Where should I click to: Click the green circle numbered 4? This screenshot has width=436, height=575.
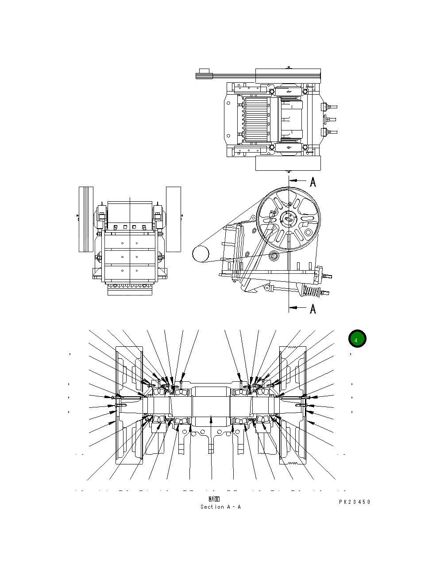(357, 339)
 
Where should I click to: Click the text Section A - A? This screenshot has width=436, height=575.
(220, 507)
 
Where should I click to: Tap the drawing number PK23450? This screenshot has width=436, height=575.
(355, 502)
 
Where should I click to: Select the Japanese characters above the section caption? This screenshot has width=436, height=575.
(214, 499)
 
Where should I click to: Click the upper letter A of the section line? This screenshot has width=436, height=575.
(313, 182)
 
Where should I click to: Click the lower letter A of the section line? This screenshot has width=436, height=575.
(313, 308)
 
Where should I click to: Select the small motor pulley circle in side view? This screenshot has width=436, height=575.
(201, 254)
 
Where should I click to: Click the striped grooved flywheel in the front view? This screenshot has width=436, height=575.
(86, 219)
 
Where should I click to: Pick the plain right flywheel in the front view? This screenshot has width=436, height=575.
(174, 219)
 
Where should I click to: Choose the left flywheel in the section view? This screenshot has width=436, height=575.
(129, 405)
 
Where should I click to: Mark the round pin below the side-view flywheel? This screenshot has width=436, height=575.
(274, 255)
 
